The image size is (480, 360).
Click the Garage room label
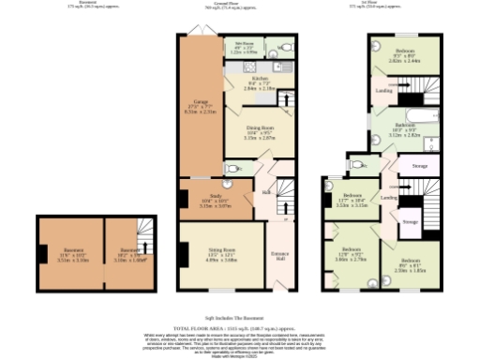click(x=200, y=105)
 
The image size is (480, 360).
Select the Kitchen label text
click(x=247, y=82)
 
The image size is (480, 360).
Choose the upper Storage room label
click(x=419, y=167)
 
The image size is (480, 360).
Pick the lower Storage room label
click(x=410, y=221)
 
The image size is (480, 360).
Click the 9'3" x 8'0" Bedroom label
click(x=405, y=53)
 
